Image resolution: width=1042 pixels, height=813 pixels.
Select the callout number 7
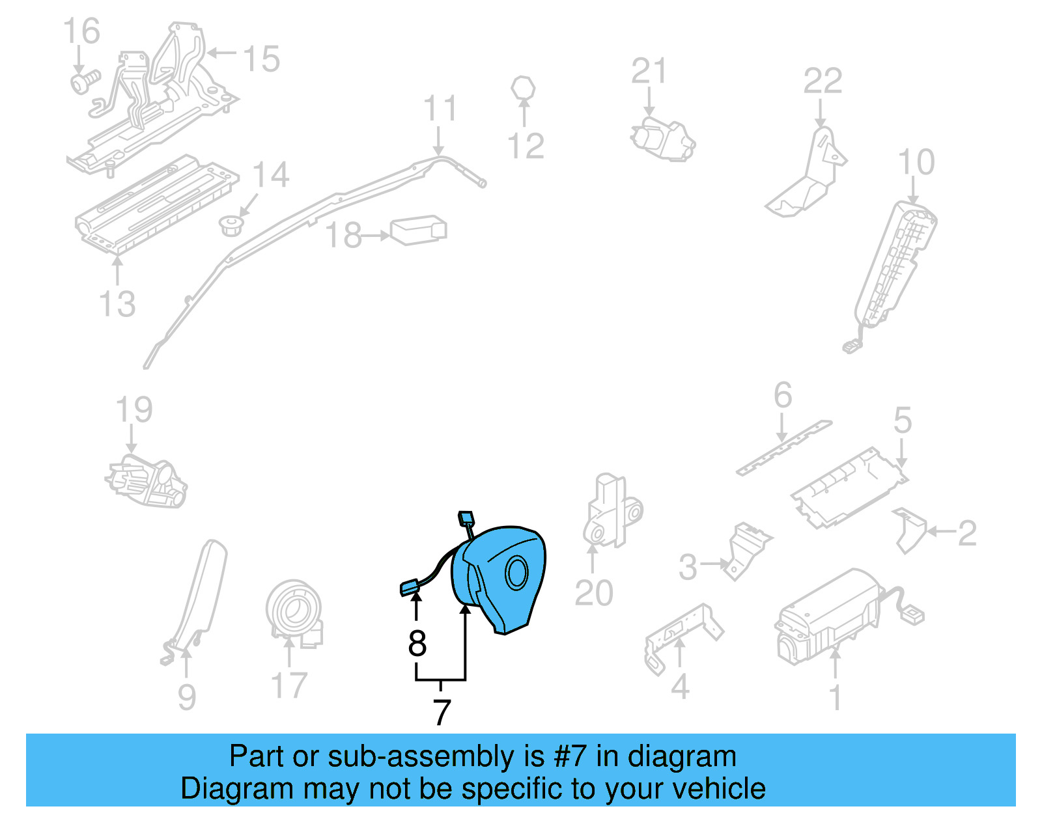click(x=442, y=712)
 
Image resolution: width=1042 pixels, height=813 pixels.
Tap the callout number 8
click(x=417, y=643)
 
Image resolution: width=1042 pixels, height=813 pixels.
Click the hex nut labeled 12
click(x=524, y=88)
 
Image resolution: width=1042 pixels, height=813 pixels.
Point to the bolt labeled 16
click(x=83, y=82)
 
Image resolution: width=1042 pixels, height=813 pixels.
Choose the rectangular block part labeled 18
click(x=419, y=230)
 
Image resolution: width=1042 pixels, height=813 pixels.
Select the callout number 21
click(x=649, y=72)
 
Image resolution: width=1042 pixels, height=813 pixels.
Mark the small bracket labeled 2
click(x=910, y=529)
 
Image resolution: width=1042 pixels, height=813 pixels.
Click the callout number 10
click(x=916, y=162)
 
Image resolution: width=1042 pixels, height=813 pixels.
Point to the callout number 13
click(x=117, y=304)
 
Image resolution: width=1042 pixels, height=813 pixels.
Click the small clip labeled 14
click(x=230, y=226)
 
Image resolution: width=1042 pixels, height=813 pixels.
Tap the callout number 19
click(x=134, y=410)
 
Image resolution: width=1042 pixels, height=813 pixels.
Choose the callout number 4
click(x=680, y=687)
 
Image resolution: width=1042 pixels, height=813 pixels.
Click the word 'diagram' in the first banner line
click(x=682, y=756)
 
